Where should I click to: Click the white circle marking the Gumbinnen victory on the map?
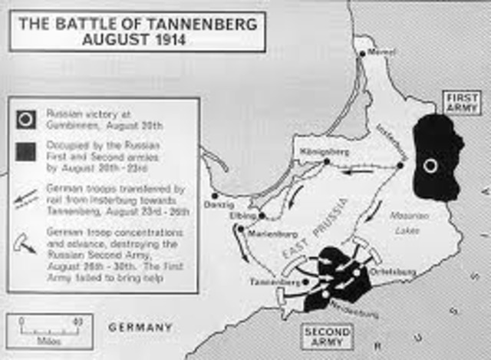point(431,165)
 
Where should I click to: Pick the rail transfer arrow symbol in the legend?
point(26,192)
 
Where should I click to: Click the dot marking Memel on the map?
point(363,54)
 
